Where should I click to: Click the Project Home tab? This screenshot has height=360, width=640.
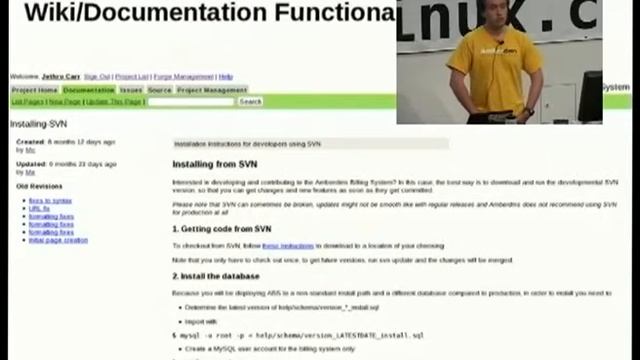click(x=34, y=90)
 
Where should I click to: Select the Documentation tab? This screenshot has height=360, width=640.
click(x=89, y=90)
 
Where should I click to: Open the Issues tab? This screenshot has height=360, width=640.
click(x=131, y=90)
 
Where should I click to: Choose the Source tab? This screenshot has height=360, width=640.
click(x=160, y=90)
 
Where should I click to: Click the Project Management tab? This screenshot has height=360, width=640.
click(x=212, y=90)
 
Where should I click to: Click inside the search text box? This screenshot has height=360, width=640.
click(x=191, y=102)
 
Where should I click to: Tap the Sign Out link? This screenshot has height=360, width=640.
click(x=97, y=77)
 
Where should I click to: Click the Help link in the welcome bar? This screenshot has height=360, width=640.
click(x=226, y=77)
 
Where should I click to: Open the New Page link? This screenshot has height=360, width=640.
click(x=65, y=102)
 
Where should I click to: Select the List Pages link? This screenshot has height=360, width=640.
click(x=27, y=102)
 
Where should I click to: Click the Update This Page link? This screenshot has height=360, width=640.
click(x=113, y=102)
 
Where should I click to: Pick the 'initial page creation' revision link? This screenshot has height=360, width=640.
click(x=58, y=240)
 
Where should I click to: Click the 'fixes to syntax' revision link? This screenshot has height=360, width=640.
click(x=50, y=200)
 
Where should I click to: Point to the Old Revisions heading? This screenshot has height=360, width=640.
click(x=39, y=185)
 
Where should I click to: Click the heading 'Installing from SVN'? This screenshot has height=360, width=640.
click(x=214, y=164)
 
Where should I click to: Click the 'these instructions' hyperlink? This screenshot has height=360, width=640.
click(x=288, y=245)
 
